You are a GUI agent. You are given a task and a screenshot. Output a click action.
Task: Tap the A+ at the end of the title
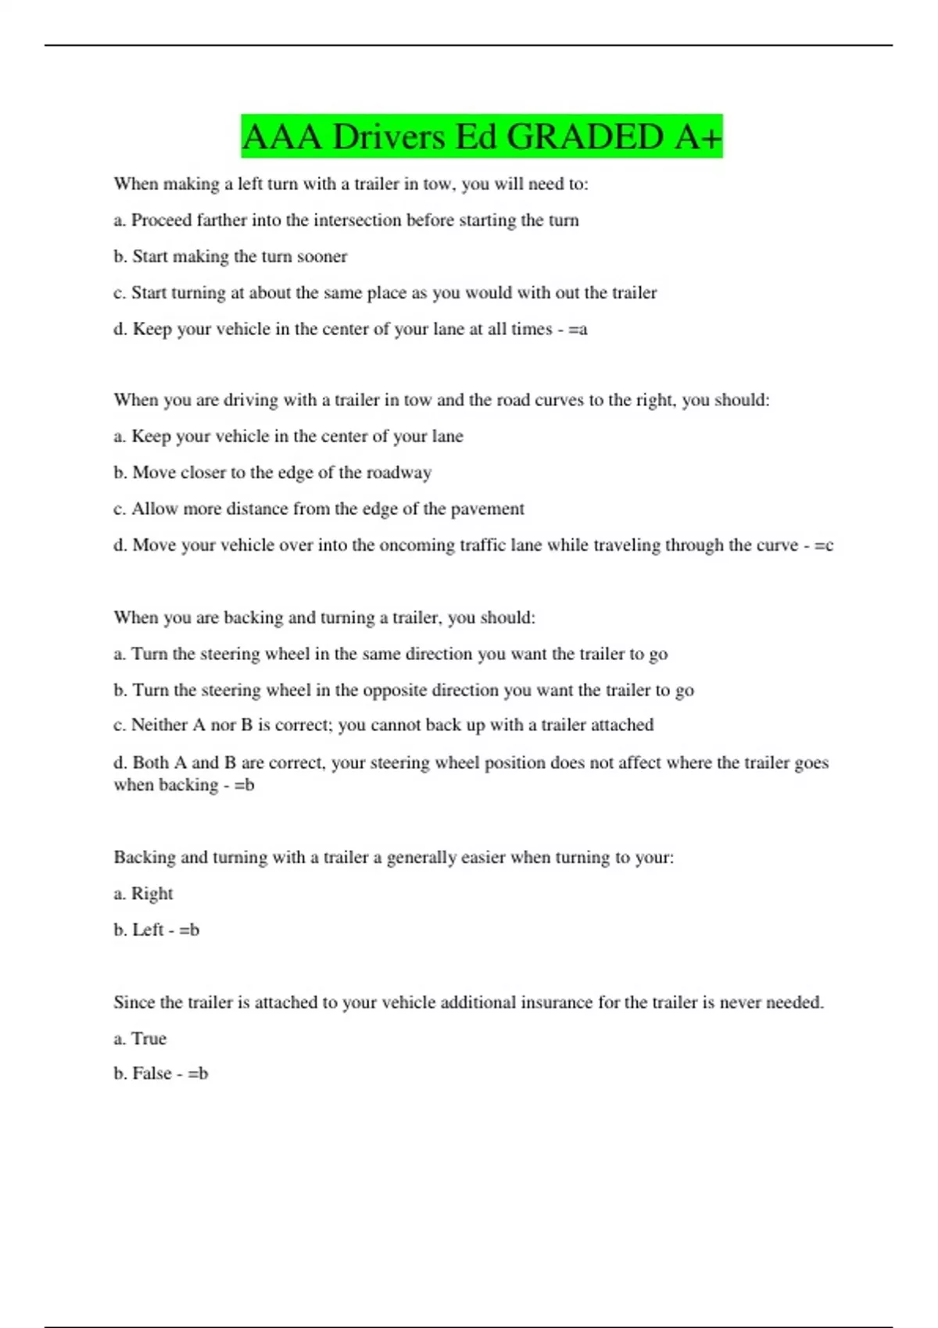click(x=697, y=137)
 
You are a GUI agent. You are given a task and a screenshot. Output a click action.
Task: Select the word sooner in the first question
click(x=321, y=257)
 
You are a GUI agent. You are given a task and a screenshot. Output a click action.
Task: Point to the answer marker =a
click(x=578, y=330)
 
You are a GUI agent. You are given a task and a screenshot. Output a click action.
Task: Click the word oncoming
click(x=414, y=545)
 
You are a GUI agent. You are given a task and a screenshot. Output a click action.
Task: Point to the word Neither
click(x=159, y=725)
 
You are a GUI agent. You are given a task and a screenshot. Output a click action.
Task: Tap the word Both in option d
click(x=150, y=762)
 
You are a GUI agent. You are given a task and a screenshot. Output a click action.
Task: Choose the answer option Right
click(x=152, y=894)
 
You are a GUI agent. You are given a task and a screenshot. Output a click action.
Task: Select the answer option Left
click(x=148, y=930)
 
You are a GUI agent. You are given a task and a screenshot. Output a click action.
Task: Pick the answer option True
click(x=149, y=1039)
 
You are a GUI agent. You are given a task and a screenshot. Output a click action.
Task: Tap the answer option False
click(x=152, y=1073)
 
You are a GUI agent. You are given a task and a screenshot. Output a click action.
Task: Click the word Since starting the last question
click(x=134, y=1002)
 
